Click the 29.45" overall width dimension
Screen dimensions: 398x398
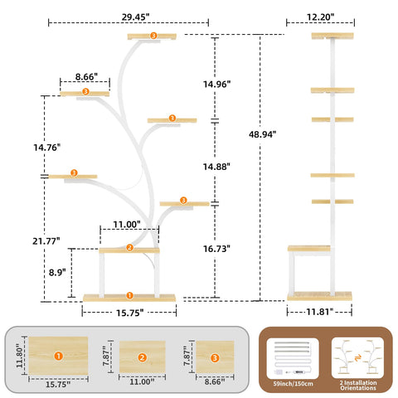[x=135, y=17]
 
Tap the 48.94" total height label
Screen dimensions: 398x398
[x=262, y=134]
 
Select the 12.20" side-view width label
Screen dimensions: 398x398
[x=320, y=17]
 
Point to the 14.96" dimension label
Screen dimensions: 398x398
[x=216, y=84]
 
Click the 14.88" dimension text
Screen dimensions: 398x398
[x=216, y=167]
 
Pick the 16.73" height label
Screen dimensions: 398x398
[x=216, y=249]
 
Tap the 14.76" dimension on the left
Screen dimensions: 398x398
[x=46, y=148]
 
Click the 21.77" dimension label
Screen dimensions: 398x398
[x=46, y=241]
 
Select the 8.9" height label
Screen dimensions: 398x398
[x=57, y=272]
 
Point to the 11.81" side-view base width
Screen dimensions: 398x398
[x=320, y=312]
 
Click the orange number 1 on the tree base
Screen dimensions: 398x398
[x=129, y=295]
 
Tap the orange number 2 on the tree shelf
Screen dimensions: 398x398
[x=129, y=248]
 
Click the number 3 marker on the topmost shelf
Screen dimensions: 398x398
[x=153, y=36]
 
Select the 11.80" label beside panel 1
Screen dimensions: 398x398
[x=19, y=356]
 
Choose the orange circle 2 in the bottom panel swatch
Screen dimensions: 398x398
[x=142, y=357]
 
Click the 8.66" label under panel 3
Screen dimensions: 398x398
[x=215, y=381]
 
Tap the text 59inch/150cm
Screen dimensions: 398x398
[x=293, y=384]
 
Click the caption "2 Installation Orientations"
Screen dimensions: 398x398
[x=358, y=386]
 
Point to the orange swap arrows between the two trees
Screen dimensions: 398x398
[x=358, y=358]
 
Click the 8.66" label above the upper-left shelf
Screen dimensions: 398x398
[x=86, y=76]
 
